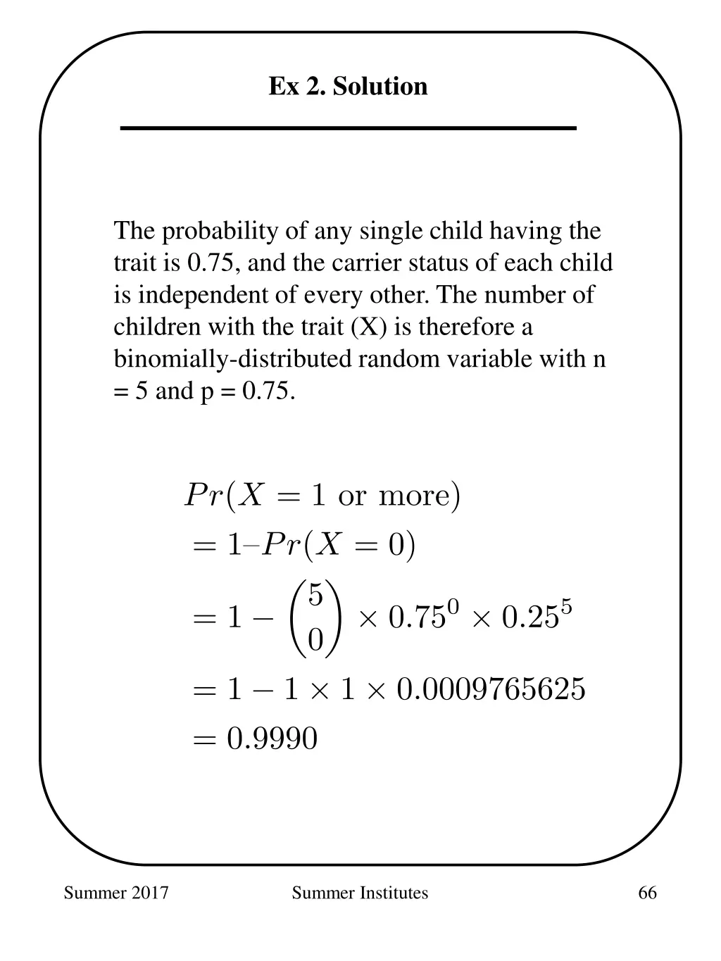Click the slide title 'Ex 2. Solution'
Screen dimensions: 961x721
[x=348, y=87]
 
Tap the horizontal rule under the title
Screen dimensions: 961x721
[x=348, y=128]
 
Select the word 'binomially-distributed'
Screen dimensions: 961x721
[x=232, y=359]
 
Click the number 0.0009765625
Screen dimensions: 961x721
[x=491, y=689]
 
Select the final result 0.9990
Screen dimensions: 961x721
[x=272, y=739]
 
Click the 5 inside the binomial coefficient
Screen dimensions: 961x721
[x=315, y=596]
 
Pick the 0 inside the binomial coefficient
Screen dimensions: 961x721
[x=315, y=641]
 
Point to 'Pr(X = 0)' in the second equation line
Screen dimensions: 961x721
[x=339, y=546]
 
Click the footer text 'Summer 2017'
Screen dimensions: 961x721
[x=116, y=893]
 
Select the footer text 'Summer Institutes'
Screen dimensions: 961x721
[x=360, y=893]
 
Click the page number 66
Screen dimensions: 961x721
[x=647, y=893]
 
